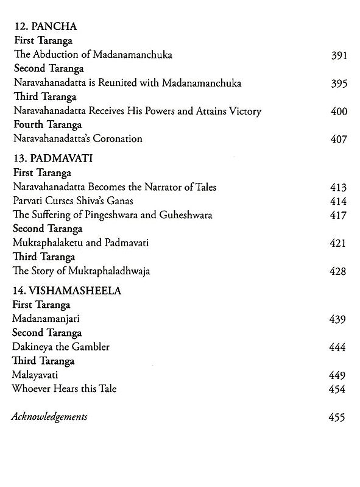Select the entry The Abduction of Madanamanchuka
tap(91, 55)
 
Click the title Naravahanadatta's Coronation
tap(77, 138)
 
